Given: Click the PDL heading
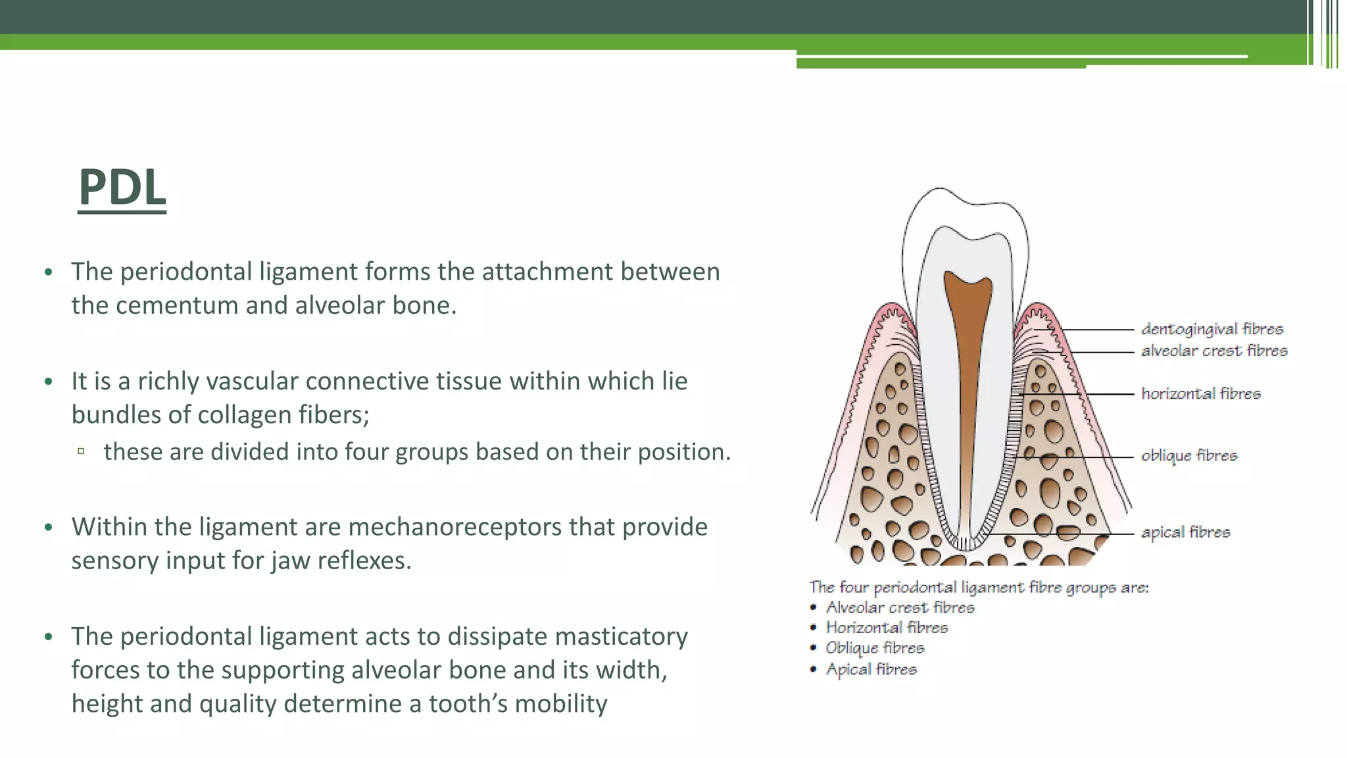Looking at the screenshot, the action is tap(122, 188).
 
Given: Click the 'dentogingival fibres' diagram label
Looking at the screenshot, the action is tap(1212, 329).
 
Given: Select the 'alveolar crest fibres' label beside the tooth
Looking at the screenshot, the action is tap(1213, 351).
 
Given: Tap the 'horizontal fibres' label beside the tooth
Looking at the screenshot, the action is tap(1200, 393).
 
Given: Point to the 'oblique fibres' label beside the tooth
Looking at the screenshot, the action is tap(1188, 455).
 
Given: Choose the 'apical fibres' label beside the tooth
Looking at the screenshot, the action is tap(1185, 532).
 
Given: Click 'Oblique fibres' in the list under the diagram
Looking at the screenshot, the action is tap(874, 648).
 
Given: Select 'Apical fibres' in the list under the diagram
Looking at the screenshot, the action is tap(871, 669).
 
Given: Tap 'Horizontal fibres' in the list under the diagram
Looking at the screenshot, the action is tap(887, 628).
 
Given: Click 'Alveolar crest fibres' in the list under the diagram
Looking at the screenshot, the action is tap(900, 607).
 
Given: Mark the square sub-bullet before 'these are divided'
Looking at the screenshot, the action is tap(81, 451).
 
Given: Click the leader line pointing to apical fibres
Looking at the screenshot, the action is tap(1065, 534).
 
